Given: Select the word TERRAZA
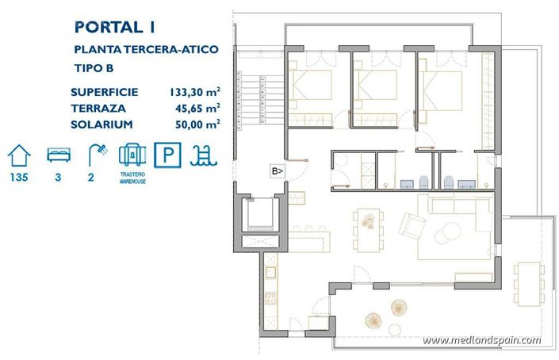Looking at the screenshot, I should coord(98,109).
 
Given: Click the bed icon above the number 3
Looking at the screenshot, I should coord(58,154).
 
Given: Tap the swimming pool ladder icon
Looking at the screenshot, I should coord(203,154).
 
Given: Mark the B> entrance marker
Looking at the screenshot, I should coord(278,170).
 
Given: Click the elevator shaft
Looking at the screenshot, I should coord(259,214).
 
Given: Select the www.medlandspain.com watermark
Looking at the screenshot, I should coord(481,340).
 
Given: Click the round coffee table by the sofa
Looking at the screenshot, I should coord(450,231).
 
